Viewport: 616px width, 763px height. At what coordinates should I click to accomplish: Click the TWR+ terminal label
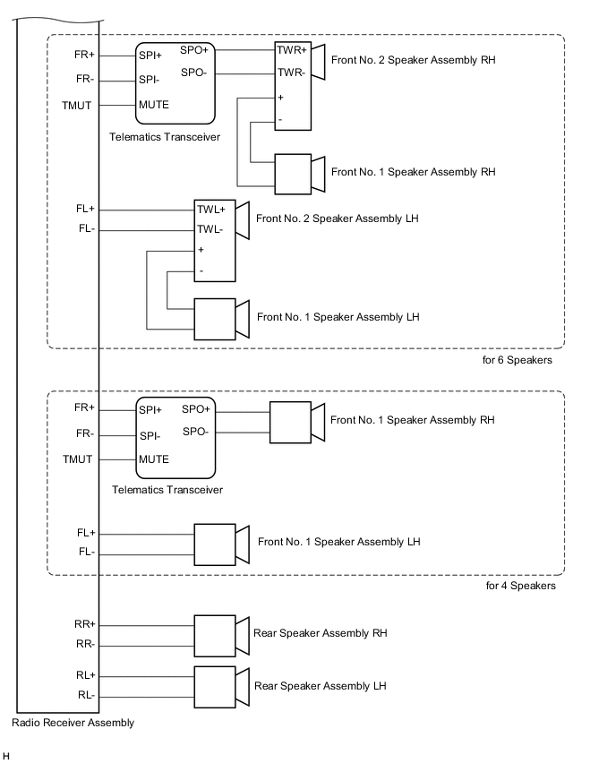[292, 51]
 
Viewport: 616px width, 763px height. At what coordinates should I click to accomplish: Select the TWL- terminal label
[212, 229]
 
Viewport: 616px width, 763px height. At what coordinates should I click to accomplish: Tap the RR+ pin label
[86, 623]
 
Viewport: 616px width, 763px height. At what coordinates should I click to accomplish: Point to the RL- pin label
[86, 696]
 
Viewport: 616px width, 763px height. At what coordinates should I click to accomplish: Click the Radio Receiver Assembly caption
[74, 723]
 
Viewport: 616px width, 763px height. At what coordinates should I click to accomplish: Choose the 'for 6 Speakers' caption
[518, 361]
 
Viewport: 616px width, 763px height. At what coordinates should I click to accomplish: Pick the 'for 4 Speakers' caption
[520, 587]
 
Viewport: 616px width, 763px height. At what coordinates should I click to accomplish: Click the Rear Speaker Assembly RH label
[320, 633]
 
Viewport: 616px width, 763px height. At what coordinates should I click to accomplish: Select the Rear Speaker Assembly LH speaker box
[215, 686]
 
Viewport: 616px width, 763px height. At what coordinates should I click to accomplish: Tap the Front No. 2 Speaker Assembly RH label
[413, 60]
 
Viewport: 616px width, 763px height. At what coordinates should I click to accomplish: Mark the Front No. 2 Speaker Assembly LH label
[338, 219]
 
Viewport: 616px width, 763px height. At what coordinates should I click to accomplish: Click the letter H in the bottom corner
[6, 757]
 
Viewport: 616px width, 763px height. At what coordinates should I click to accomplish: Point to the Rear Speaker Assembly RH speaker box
[215, 633]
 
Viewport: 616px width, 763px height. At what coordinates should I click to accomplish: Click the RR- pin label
[86, 644]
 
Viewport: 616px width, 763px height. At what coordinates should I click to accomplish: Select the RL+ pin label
[86, 676]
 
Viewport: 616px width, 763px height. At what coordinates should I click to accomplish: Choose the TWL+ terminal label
[212, 210]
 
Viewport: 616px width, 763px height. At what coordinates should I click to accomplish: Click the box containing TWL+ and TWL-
[215, 240]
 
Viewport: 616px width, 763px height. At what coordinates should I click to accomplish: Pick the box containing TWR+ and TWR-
[292, 87]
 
